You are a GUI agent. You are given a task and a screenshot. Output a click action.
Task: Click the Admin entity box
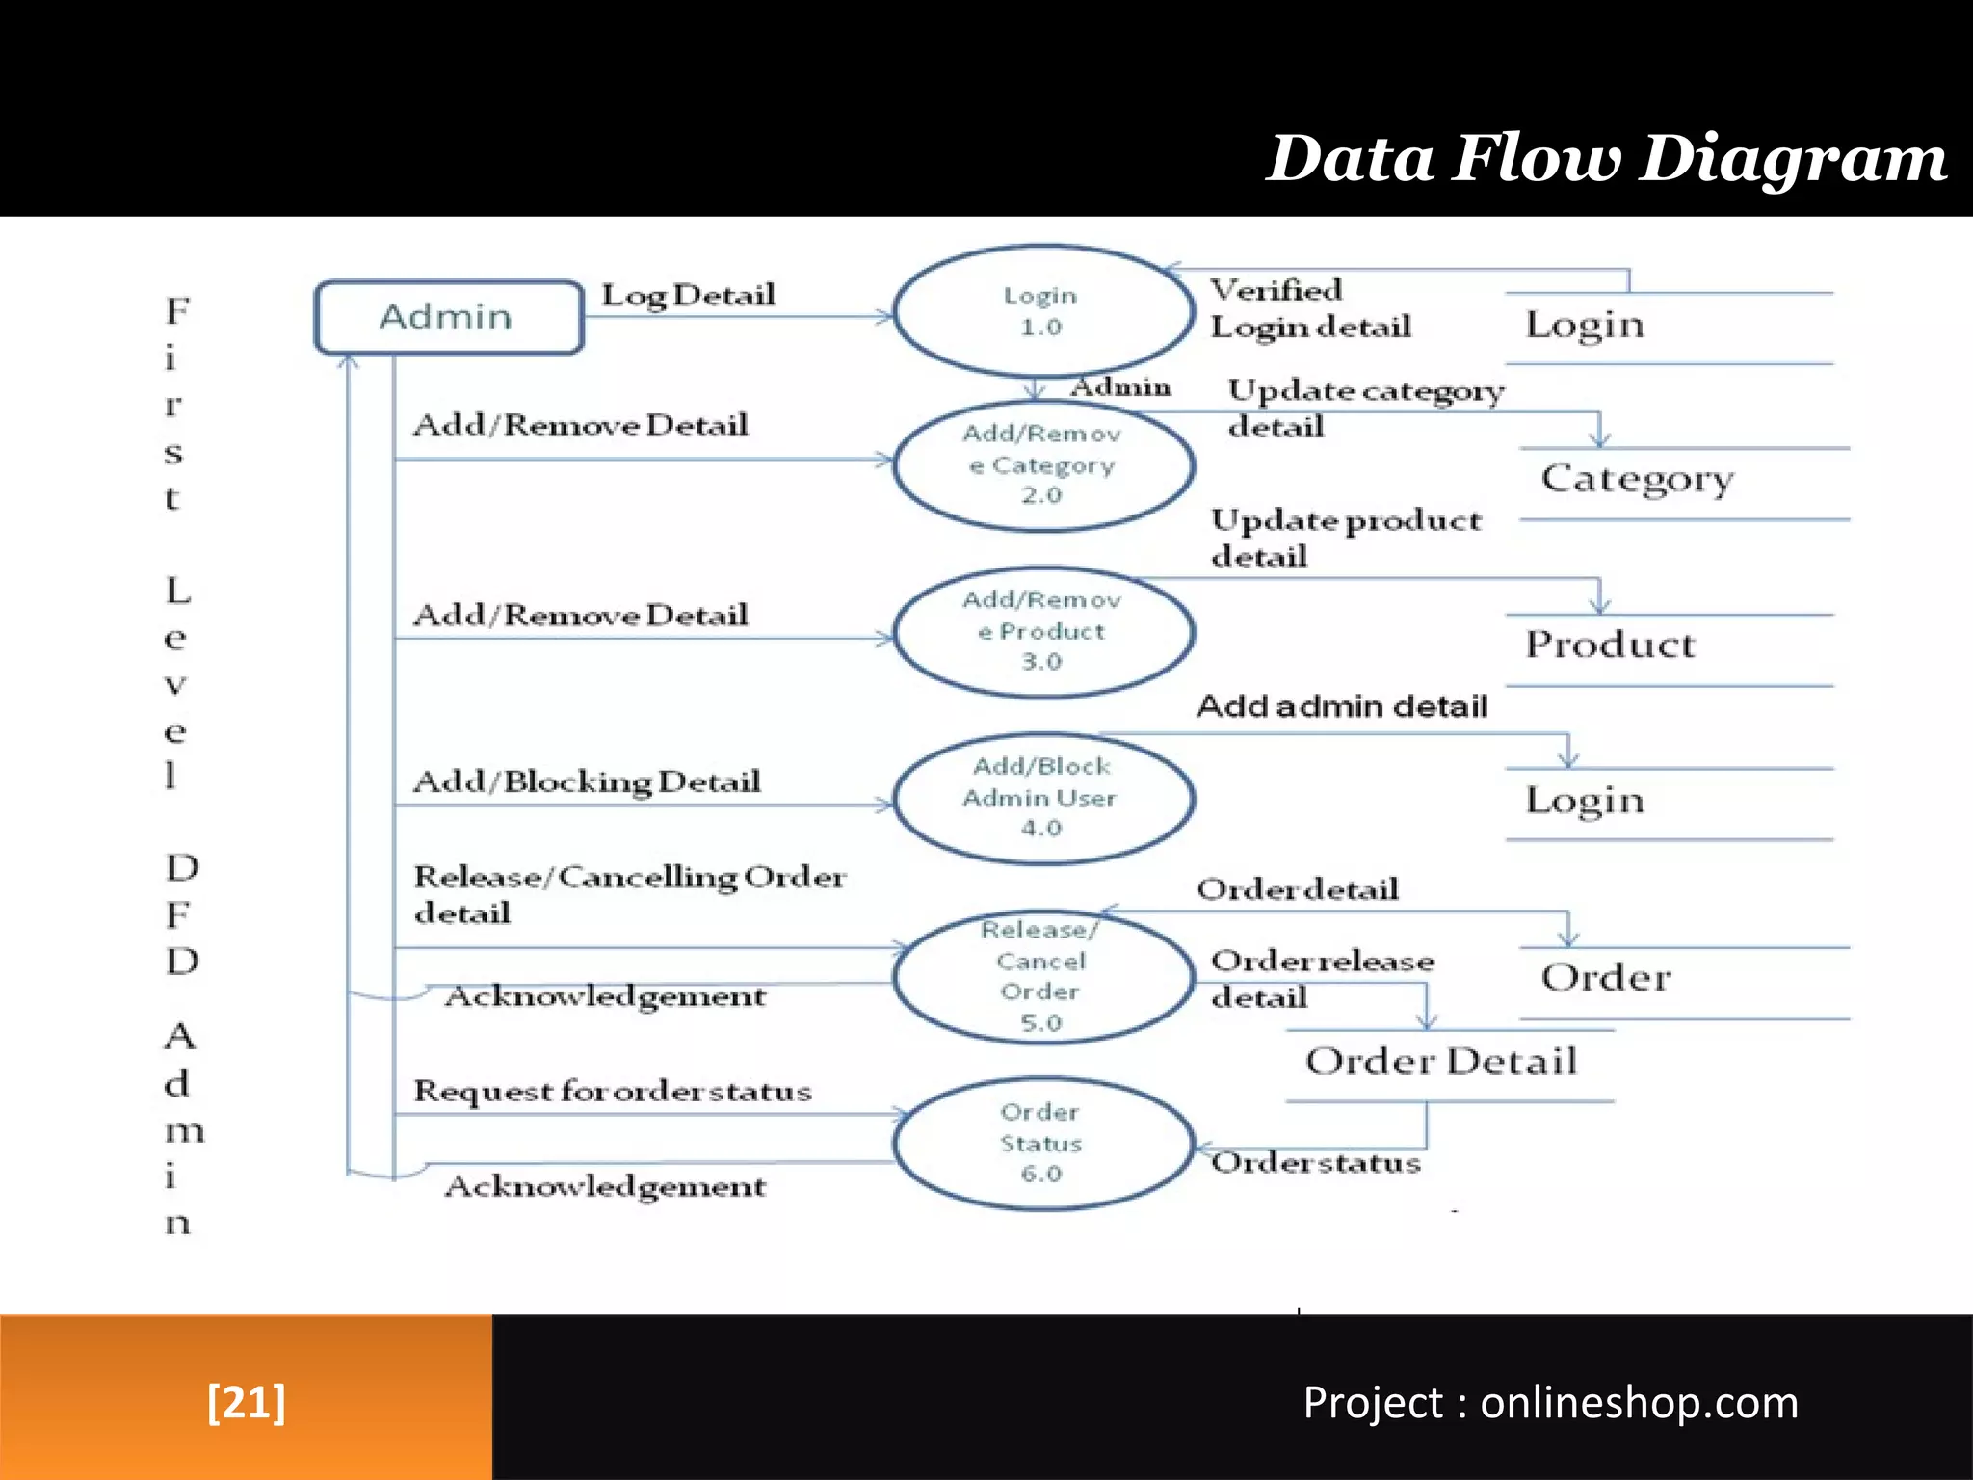tap(449, 317)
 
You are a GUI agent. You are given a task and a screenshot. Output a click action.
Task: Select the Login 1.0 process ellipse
tap(1042, 311)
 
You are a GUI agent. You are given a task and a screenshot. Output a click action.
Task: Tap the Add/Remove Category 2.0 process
tap(1042, 464)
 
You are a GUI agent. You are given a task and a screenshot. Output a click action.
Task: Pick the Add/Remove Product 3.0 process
tap(1042, 631)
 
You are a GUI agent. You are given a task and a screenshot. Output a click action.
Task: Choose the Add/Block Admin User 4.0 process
tap(1042, 798)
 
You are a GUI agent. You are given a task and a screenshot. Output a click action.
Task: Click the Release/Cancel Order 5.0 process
tap(1042, 976)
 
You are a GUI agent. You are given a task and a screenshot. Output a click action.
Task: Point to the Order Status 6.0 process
tap(1042, 1143)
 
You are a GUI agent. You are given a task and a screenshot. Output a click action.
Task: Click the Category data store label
tap(1637, 479)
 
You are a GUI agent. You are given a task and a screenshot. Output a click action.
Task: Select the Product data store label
tap(1610, 645)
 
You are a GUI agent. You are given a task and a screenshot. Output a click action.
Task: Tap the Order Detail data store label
tap(1441, 1062)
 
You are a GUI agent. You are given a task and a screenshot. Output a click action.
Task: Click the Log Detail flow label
tap(688, 295)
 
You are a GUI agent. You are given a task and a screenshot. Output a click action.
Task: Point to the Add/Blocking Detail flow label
tap(587, 781)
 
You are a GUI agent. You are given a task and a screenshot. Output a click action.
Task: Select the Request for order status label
tap(613, 1092)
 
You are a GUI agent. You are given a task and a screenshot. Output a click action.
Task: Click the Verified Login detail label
tap(1310, 308)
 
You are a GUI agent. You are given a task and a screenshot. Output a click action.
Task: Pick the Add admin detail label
tap(1342, 706)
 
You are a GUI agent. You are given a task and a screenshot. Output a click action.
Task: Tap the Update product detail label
tap(1345, 538)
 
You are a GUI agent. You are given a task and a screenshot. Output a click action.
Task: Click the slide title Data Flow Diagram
tap(1606, 158)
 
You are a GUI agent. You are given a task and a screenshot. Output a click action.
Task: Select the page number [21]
tap(247, 1402)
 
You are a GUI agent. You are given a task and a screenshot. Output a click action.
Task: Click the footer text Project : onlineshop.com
tap(1550, 1403)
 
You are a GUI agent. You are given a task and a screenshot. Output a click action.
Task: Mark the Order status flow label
tap(1316, 1164)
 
